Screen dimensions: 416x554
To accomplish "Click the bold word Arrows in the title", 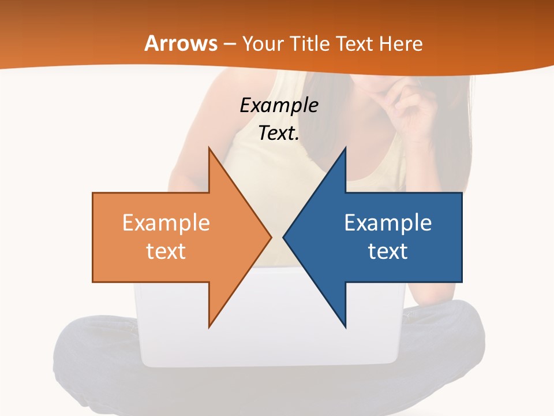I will point(181,44).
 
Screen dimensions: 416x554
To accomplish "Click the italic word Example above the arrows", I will point(279,106).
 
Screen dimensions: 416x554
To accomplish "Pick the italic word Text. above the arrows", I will point(279,133).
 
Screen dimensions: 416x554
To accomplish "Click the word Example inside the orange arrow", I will point(166,223).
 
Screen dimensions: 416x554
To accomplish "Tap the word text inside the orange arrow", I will point(166,251).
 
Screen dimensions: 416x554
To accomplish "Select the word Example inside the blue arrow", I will point(388,223).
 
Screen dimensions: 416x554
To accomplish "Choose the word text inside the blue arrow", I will point(388,251).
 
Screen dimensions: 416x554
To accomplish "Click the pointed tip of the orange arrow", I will point(271,237).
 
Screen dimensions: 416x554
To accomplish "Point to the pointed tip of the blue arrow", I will point(283,237).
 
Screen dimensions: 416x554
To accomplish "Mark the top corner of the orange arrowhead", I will point(209,148).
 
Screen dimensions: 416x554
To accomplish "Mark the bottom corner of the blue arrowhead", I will point(345,327).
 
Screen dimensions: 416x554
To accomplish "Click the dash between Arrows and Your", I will point(230,44).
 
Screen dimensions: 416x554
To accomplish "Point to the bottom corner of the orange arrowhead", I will point(209,327).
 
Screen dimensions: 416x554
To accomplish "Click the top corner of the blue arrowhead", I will point(345,148).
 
